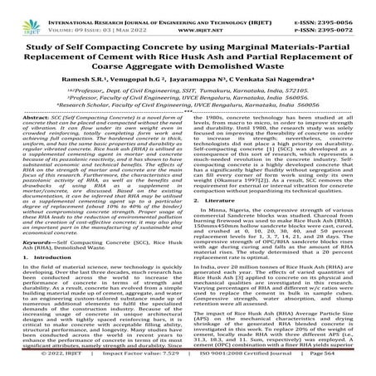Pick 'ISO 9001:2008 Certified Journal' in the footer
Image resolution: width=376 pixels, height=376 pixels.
coord(248,369)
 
